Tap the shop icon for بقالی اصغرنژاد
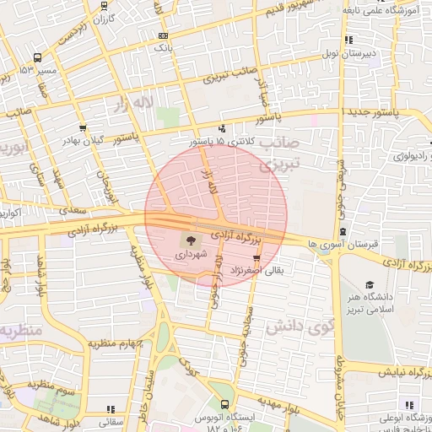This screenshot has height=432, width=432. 256,258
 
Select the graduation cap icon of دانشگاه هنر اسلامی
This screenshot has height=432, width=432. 369,284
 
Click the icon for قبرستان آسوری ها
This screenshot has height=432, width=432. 343,232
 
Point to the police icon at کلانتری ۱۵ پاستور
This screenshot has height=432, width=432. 221,128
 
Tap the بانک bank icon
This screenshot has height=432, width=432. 163,35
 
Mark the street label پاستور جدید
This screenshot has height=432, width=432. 377,111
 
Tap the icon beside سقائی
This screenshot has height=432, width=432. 110,408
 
